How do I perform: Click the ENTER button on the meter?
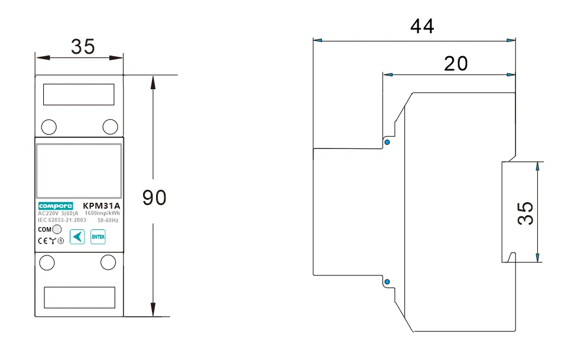click(98, 236)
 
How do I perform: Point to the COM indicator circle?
click(57, 229)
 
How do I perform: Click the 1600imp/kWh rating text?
click(102, 213)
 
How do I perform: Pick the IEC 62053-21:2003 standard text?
click(62, 220)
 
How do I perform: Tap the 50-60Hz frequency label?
click(108, 220)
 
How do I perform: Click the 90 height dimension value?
click(154, 198)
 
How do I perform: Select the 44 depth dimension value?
click(421, 26)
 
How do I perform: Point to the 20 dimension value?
click(456, 63)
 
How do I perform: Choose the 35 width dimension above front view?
click(83, 46)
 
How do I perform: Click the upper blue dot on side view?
click(387, 142)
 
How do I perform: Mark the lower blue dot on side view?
click(387, 282)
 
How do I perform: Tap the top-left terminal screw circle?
click(49, 126)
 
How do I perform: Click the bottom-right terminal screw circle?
click(108, 261)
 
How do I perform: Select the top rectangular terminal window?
click(79, 95)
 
